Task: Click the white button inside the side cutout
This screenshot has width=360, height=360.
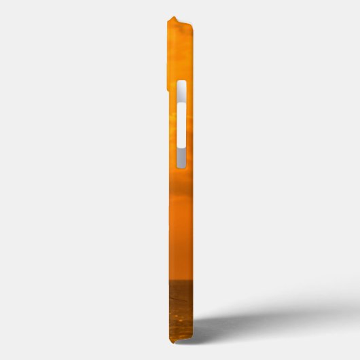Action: coord(181,124)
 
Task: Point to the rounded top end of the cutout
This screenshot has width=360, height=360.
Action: coord(181,83)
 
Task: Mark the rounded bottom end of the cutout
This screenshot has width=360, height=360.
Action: coord(181,166)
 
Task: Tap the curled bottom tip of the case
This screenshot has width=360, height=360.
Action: coord(193,339)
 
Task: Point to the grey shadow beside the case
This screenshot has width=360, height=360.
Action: coord(272,319)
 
